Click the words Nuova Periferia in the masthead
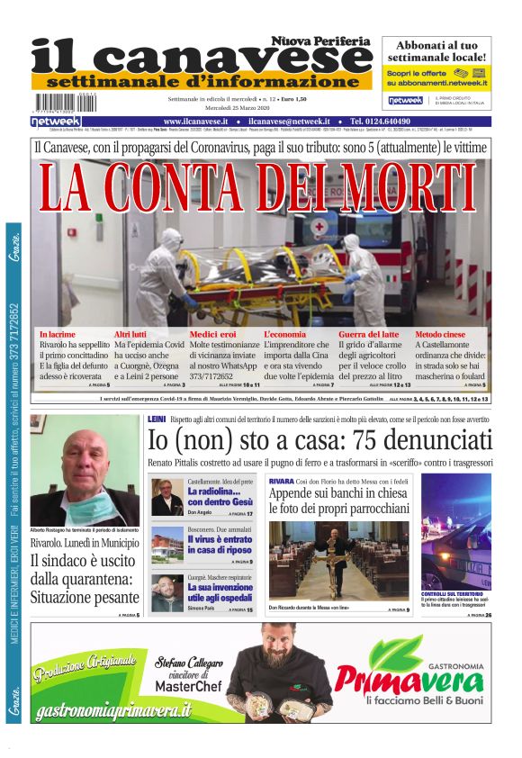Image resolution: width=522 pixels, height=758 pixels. coord(321,41)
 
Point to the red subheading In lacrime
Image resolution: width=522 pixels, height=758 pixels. coord(58,334)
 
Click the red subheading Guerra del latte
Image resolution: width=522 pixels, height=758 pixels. coord(393,334)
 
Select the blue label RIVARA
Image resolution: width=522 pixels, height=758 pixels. coord(281,482)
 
